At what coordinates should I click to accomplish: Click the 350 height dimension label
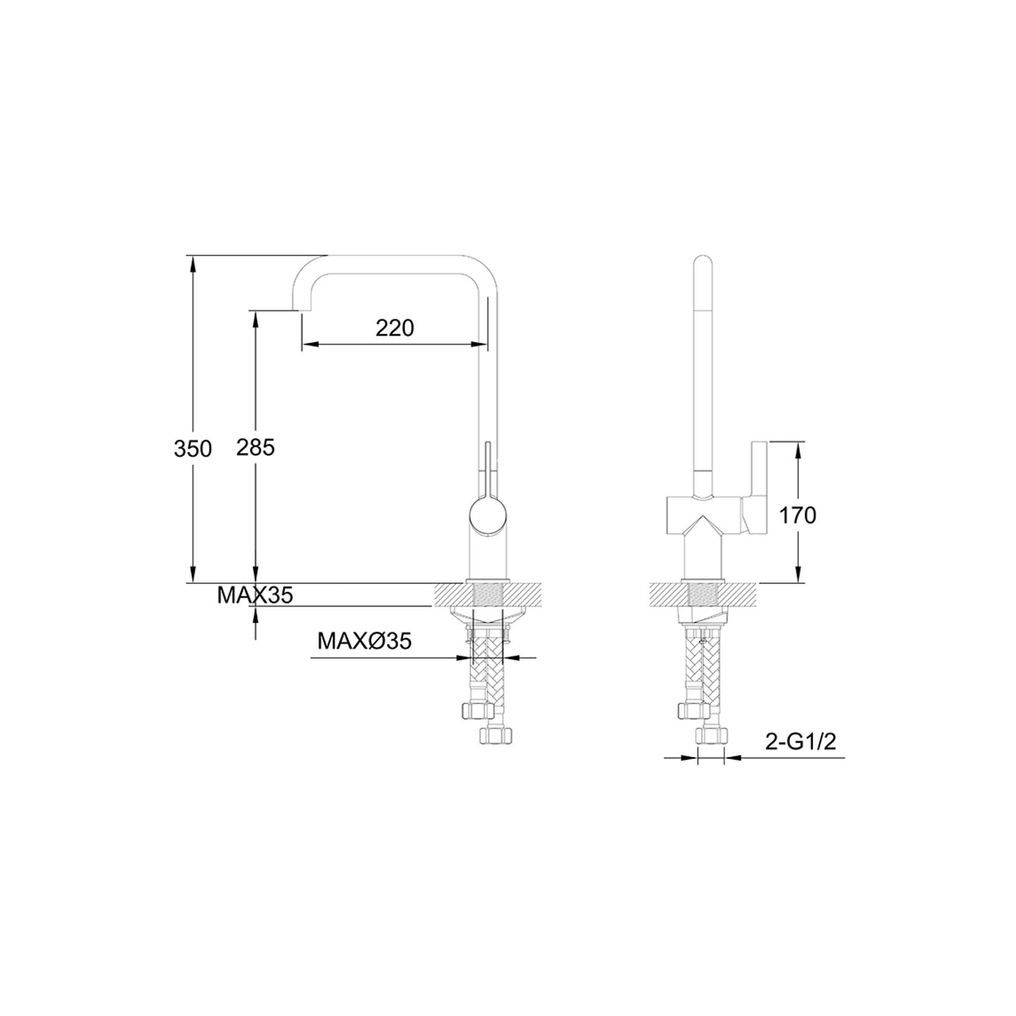coord(193,449)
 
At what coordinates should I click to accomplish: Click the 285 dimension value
coord(255,448)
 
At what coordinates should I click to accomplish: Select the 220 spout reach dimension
coord(395,328)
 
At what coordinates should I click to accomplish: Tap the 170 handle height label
coord(797,515)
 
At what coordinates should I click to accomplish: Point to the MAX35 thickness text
coord(255,595)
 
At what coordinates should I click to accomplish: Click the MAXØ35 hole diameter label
coord(364,641)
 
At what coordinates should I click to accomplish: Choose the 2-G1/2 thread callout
coord(800,743)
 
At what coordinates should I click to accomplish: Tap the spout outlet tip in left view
coord(297,307)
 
